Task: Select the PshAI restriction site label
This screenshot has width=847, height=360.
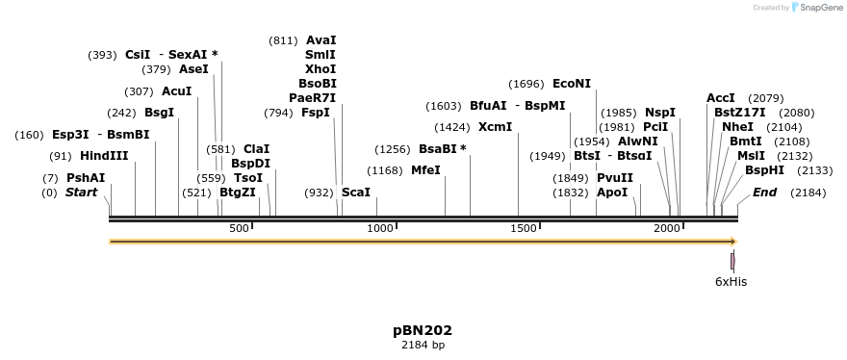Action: coord(86,178)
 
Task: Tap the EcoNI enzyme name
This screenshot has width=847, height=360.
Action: coord(572,84)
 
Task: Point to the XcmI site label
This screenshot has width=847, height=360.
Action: coord(495,127)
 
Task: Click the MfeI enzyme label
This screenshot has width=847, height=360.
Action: coord(425,170)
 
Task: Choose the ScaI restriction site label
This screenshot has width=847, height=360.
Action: coord(356,193)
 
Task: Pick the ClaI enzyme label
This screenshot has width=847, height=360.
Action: coord(257,149)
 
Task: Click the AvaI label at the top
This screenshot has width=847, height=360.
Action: coord(321,40)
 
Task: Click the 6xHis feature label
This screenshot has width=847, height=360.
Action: coord(731,282)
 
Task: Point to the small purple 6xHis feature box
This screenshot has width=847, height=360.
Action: coord(732,261)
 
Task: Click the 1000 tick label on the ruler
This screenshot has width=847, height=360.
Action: coord(380,227)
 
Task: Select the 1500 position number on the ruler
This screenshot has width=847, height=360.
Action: coord(524,227)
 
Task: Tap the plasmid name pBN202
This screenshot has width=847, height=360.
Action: coord(423,330)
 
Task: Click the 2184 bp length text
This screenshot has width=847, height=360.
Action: coord(423,345)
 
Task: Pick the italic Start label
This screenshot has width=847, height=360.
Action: coord(82,193)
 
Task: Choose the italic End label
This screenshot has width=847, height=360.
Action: coord(764,193)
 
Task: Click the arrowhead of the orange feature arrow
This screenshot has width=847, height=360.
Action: coord(733,242)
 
